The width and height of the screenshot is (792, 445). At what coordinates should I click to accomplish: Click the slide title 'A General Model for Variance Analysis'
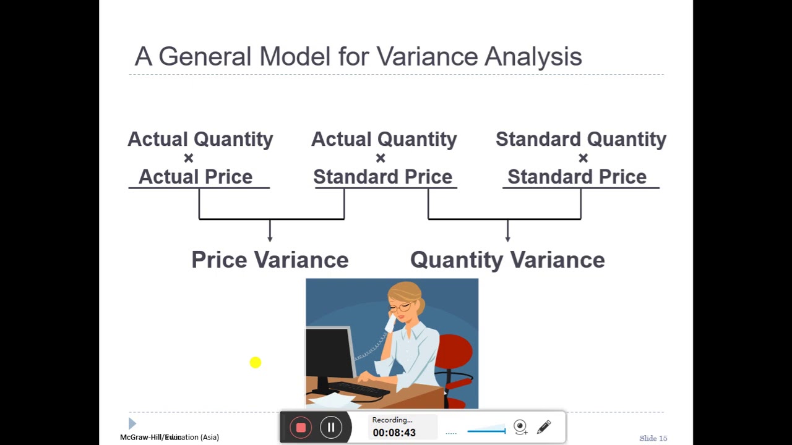click(358, 57)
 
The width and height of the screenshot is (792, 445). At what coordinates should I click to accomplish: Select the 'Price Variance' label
click(270, 260)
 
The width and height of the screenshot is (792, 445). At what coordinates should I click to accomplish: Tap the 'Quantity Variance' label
click(507, 260)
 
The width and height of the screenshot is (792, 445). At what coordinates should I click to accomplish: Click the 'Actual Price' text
click(196, 177)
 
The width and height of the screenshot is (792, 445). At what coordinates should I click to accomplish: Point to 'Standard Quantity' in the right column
click(580, 139)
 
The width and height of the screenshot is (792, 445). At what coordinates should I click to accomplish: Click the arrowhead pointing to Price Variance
click(270, 238)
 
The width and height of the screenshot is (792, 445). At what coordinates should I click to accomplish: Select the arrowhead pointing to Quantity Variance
click(507, 238)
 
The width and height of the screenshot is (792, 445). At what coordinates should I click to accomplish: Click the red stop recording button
click(301, 428)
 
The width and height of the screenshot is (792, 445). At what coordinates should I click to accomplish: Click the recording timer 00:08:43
click(394, 433)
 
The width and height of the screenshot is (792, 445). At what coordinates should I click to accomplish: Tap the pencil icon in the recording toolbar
click(544, 427)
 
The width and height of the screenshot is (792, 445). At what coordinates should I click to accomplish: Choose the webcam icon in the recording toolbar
click(520, 426)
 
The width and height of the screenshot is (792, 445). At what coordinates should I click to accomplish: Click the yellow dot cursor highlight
click(256, 363)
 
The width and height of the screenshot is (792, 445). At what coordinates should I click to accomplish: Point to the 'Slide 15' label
click(653, 438)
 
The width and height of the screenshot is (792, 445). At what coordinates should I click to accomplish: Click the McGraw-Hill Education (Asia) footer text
click(170, 437)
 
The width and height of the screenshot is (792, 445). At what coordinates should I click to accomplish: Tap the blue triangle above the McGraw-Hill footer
click(132, 423)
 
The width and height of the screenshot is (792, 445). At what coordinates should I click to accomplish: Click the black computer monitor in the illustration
click(327, 358)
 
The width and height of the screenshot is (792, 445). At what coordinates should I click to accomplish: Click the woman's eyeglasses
click(401, 306)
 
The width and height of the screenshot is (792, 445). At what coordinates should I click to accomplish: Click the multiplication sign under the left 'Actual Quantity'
click(189, 158)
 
